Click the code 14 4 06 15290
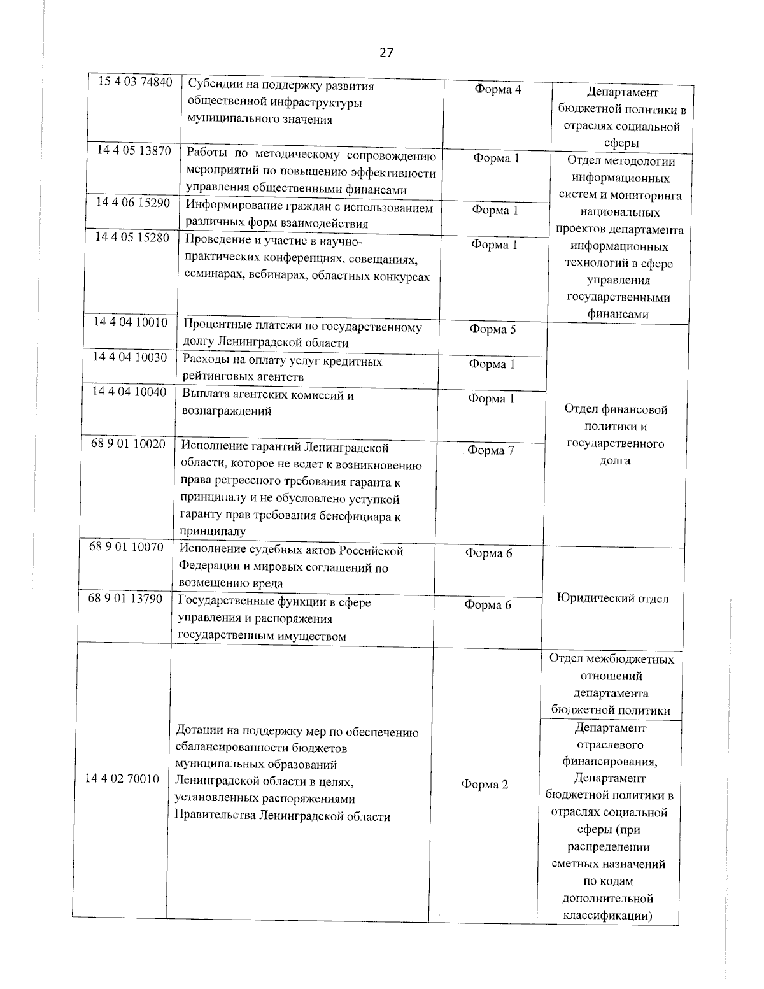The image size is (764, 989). point(132,202)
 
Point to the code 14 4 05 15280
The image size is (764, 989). point(132,237)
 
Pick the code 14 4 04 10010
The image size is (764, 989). point(131,322)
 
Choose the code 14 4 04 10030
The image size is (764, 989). point(130,357)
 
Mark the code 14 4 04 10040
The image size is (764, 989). point(129,392)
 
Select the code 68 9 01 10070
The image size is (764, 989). point(127,547)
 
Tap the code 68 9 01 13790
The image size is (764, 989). point(125,599)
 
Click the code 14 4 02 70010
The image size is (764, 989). point(122,779)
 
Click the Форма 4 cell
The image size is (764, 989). point(497,90)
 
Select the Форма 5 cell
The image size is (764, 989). point(492,329)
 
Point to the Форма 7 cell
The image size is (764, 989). point(490,451)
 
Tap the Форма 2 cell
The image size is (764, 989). point(485,785)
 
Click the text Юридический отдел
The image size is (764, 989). point(612,599)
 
